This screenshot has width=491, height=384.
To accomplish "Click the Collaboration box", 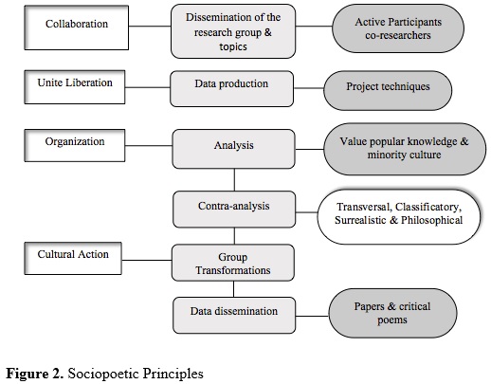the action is tap(77, 27).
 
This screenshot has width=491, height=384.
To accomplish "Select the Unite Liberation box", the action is tap(75, 87).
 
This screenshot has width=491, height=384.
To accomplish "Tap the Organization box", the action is tap(75, 145).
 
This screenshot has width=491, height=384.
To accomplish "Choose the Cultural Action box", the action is tap(73, 258).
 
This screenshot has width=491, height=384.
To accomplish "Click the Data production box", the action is tap(231, 89).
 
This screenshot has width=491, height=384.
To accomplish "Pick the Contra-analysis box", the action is tap(234, 210).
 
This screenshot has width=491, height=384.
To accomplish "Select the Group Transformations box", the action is tap(233, 263).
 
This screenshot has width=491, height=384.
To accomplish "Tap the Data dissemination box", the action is tap(234, 315).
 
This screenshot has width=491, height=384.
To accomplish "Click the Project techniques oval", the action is tap(388, 90).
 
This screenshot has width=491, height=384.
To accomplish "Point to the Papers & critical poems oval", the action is tap(392, 313).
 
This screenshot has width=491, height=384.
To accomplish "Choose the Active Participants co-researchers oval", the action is tap(398, 28).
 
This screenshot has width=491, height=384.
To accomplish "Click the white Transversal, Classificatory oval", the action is tap(399, 217).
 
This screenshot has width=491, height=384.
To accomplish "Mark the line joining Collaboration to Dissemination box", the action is tap(150, 27).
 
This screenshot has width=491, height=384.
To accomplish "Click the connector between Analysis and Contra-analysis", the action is tap(234, 179).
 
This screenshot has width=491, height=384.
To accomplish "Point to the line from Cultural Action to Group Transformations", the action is tap(147, 261).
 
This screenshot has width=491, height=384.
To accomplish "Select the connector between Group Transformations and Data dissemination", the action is tap(234, 289).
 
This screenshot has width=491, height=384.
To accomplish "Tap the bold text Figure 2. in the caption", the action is tap(35, 374).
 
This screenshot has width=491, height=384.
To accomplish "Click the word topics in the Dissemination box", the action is tap(233, 46).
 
